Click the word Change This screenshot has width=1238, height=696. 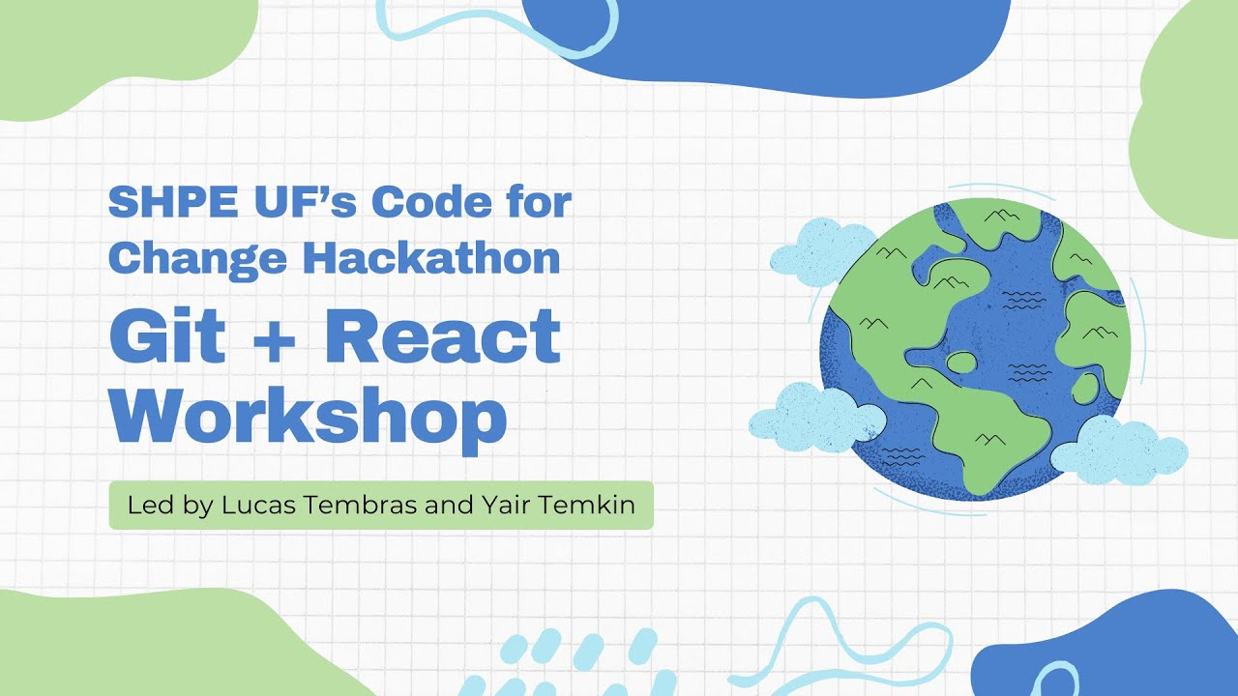click(x=197, y=258)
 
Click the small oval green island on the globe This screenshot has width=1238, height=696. click(x=962, y=363)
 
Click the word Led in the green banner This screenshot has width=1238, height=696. click(x=145, y=505)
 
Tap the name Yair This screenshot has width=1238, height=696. click(x=513, y=505)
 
